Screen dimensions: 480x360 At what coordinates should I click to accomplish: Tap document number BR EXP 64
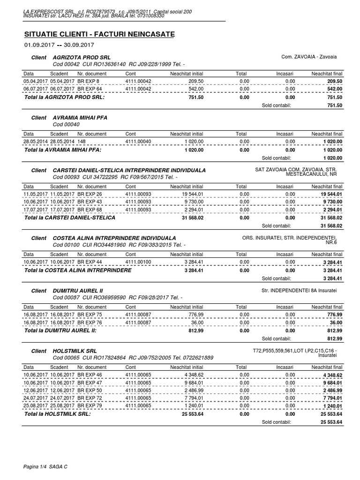coord(90,88)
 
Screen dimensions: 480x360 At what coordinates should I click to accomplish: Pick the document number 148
coord(81,141)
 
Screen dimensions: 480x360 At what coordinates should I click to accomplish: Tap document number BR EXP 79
coord(90,405)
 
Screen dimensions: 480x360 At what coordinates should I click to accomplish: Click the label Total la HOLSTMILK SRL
coord(57,414)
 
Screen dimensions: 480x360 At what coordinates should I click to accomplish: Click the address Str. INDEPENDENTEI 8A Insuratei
coord(302,291)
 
